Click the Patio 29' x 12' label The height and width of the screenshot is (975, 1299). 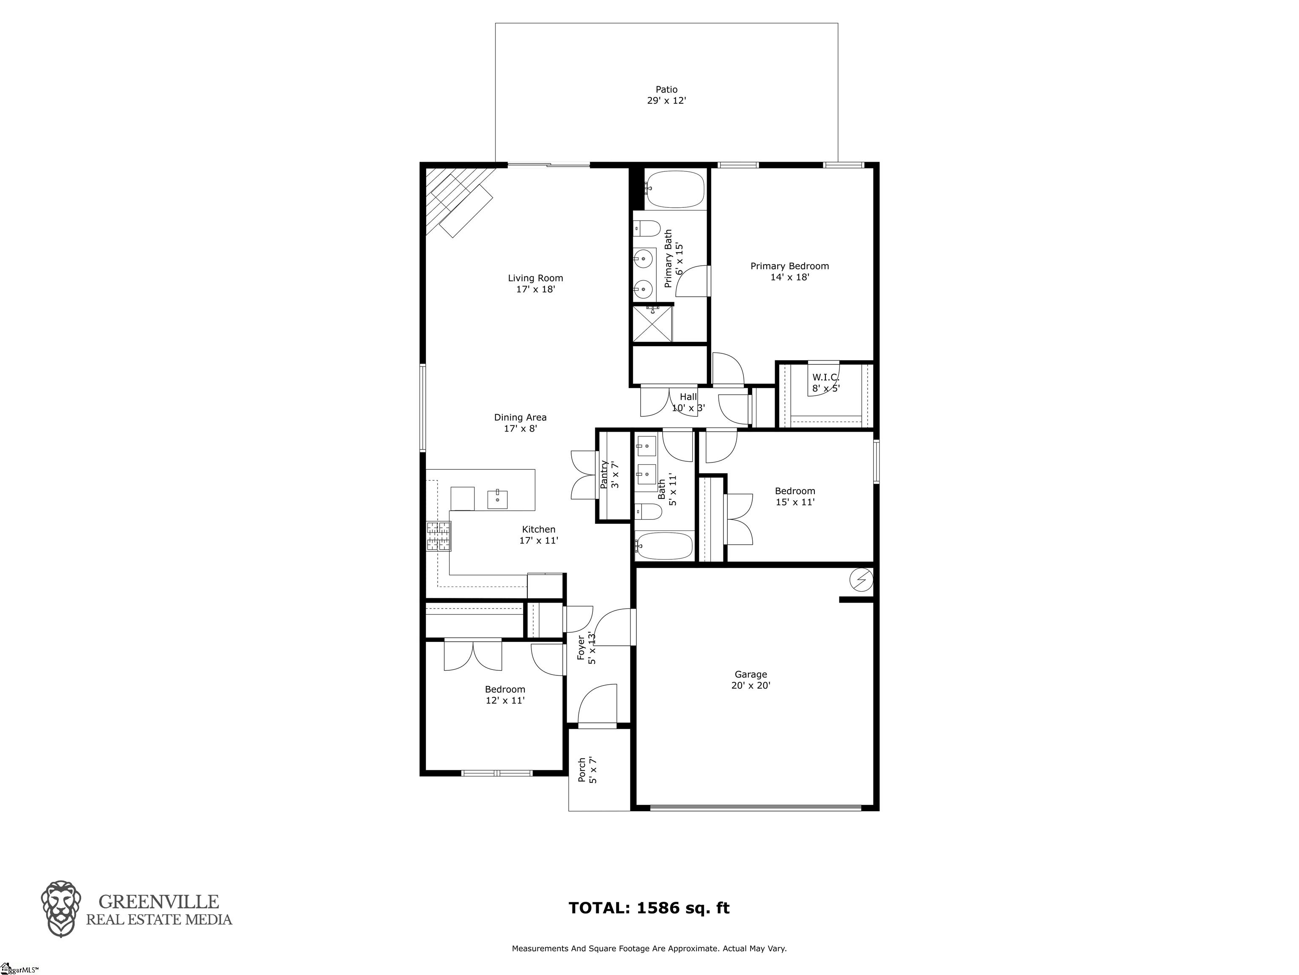(666, 95)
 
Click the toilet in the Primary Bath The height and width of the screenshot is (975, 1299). (646, 228)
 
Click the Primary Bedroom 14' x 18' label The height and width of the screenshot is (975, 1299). (789, 272)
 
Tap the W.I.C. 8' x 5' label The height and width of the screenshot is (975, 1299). (826, 383)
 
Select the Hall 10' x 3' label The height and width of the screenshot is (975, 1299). (688, 402)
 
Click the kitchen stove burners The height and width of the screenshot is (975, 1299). (438, 537)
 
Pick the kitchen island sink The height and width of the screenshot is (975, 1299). (498, 499)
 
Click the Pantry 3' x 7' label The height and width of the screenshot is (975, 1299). (609, 475)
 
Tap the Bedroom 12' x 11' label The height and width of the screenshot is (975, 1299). (504, 695)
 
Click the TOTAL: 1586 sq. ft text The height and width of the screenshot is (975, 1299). (649, 908)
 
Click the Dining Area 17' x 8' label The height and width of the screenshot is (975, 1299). (520, 423)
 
